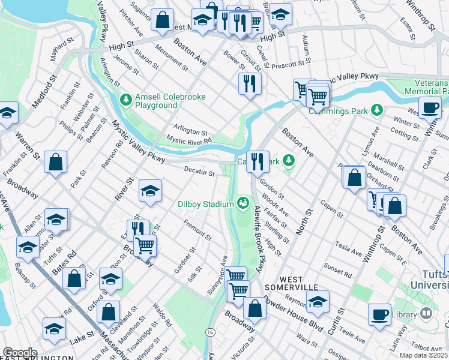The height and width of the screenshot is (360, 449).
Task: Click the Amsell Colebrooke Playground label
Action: pyautogui.click(x=170, y=101)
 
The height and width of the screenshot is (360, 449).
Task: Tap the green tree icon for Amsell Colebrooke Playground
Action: pyautogui.click(x=125, y=100)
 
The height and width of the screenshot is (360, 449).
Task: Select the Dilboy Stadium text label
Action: pyautogui.click(x=205, y=203)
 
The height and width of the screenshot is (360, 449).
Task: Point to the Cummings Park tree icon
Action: pyautogui.click(x=376, y=110)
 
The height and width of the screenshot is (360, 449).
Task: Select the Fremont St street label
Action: pyautogui.click(x=197, y=231)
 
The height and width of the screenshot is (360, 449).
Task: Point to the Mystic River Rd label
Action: pyautogui.click(x=189, y=141)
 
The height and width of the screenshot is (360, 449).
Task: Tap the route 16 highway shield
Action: pyautogui.click(x=209, y=332)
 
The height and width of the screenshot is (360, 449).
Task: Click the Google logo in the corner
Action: pyautogui.click(x=20, y=353)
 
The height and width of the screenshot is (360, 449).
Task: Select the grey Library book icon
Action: pyautogui.click(x=426, y=314)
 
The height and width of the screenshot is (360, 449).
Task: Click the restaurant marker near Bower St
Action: pyautogui.click(x=250, y=83)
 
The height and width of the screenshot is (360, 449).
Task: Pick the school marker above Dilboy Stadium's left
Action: pyautogui.click(x=150, y=191)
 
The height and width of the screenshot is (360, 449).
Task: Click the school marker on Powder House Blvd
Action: pyautogui.click(x=318, y=302)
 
